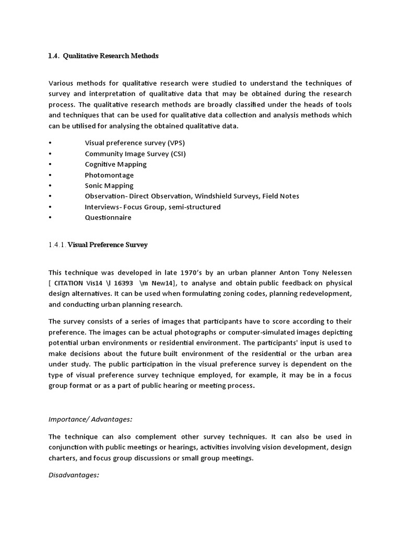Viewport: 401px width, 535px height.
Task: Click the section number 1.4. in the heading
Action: pos(54,56)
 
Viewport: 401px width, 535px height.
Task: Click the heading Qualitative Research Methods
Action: pos(111,56)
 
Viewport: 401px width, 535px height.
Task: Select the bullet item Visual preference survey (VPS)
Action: pos(135,143)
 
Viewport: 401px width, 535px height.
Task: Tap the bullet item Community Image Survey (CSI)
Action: pos(135,154)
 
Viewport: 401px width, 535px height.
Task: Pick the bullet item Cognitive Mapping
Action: pos(116,164)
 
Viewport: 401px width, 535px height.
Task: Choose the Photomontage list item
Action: pos(109,175)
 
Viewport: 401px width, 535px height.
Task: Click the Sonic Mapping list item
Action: pos(109,185)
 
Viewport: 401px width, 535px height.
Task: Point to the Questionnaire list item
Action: pos(108,217)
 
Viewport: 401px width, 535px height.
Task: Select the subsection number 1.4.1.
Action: pos(57,245)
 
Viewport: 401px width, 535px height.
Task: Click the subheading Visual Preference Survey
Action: pos(108,245)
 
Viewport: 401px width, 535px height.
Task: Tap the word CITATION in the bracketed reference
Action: pos(71,283)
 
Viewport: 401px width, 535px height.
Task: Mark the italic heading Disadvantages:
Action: pos(74,475)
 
